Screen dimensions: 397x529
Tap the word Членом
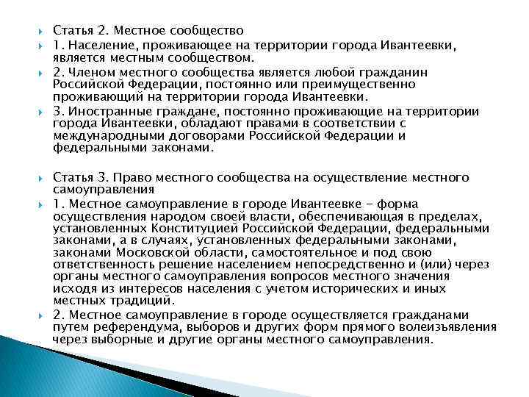[90, 73]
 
